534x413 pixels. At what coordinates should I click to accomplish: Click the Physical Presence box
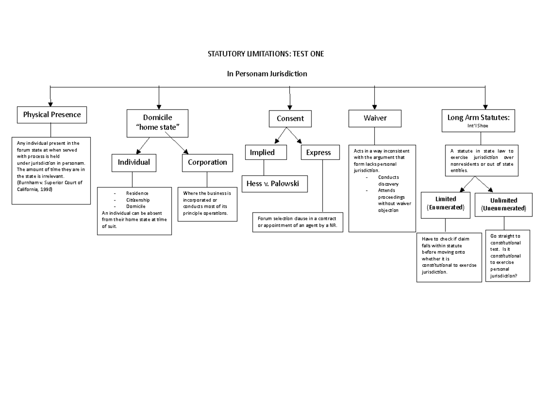(52, 114)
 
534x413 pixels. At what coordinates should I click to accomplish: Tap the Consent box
(290, 119)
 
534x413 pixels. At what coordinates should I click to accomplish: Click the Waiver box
(375, 119)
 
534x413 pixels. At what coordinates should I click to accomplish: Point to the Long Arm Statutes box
(478, 120)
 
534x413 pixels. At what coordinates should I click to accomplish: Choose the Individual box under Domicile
(133, 163)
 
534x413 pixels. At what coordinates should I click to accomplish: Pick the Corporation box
(207, 163)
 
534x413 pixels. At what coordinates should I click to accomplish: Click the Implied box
(266, 152)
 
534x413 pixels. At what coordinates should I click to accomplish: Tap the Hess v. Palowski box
(274, 184)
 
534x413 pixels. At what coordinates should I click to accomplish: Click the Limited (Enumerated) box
(445, 204)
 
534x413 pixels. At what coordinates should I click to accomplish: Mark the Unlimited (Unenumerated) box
(504, 204)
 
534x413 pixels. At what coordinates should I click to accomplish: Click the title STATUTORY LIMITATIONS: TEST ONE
(266, 54)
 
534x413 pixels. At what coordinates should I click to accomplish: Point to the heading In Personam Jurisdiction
(267, 74)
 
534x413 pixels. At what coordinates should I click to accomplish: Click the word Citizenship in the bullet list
(138, 200)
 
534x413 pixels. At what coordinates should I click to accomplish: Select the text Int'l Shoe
(478, 126)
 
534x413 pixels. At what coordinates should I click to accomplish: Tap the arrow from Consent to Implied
(281, 135)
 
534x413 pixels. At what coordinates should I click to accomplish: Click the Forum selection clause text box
(297, 222)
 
